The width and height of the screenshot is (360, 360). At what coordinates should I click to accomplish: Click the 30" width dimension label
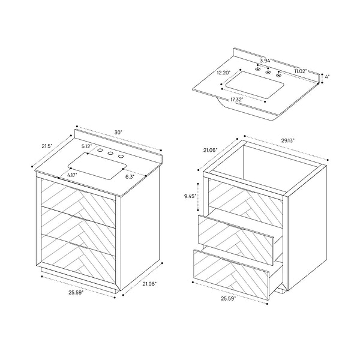[x=118, y=133]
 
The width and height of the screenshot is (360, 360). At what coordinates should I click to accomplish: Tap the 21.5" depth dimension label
[x=47, y=146]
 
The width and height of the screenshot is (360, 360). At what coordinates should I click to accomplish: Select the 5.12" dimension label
[x=87, y=146]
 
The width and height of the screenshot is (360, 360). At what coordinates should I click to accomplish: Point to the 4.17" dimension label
[x=72, y=175]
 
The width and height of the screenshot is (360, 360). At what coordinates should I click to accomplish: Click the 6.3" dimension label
[x=130, y=177]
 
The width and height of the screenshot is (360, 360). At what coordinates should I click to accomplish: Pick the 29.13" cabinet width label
[x=287, y=140]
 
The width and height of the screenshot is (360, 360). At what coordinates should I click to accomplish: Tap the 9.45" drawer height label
[x=190, y=196]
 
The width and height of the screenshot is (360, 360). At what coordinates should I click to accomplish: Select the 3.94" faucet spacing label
[x=266, y=61]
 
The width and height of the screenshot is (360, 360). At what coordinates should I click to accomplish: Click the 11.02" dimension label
[x=301, y=71]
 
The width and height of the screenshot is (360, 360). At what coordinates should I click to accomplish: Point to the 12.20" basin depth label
[x=224, y=73]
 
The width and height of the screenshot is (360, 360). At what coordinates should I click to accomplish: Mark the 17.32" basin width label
[x=237, y=100]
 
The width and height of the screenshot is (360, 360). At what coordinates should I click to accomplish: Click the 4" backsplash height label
[x=327, y=76]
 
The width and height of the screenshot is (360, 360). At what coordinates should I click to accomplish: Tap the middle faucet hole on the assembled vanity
[x=110, y=153]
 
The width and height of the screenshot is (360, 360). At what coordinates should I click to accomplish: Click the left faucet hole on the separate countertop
[x=257, y=68]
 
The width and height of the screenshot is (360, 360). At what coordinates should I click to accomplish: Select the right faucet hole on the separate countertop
[x=278, y=74]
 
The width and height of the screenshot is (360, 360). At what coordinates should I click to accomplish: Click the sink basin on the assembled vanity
[x=97, y=166]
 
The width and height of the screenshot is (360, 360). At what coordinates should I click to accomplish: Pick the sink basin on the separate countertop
[x=255, y=85]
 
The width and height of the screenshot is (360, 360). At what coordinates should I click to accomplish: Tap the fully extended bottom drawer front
[x=231, y=275]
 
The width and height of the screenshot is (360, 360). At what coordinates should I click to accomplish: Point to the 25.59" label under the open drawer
[x=228, y=298]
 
